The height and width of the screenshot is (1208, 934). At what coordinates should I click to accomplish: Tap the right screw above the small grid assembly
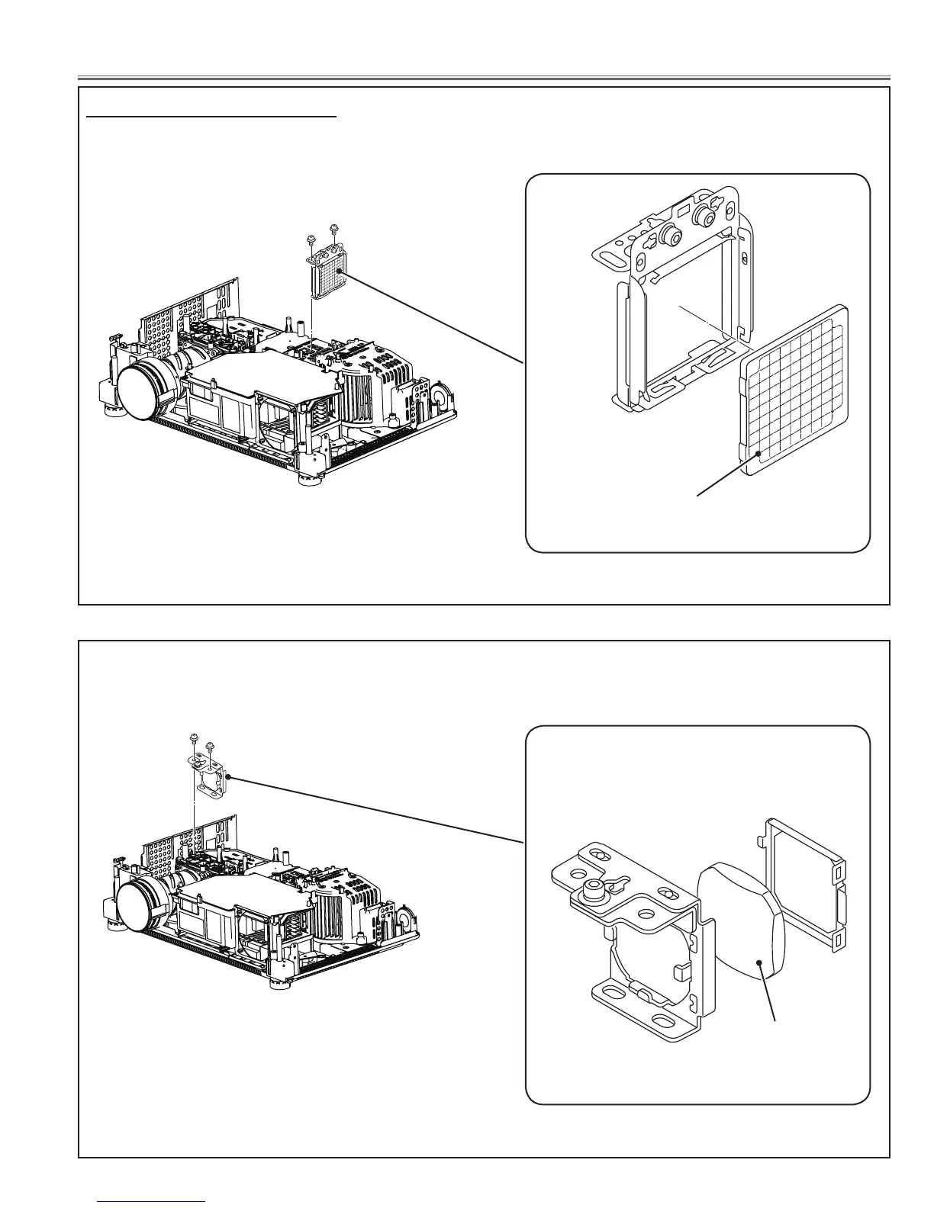pos(333,228)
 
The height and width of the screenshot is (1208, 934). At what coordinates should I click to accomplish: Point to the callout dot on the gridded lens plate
pos(758,454)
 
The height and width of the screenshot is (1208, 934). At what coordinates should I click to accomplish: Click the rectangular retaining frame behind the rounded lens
pos(809,885)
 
